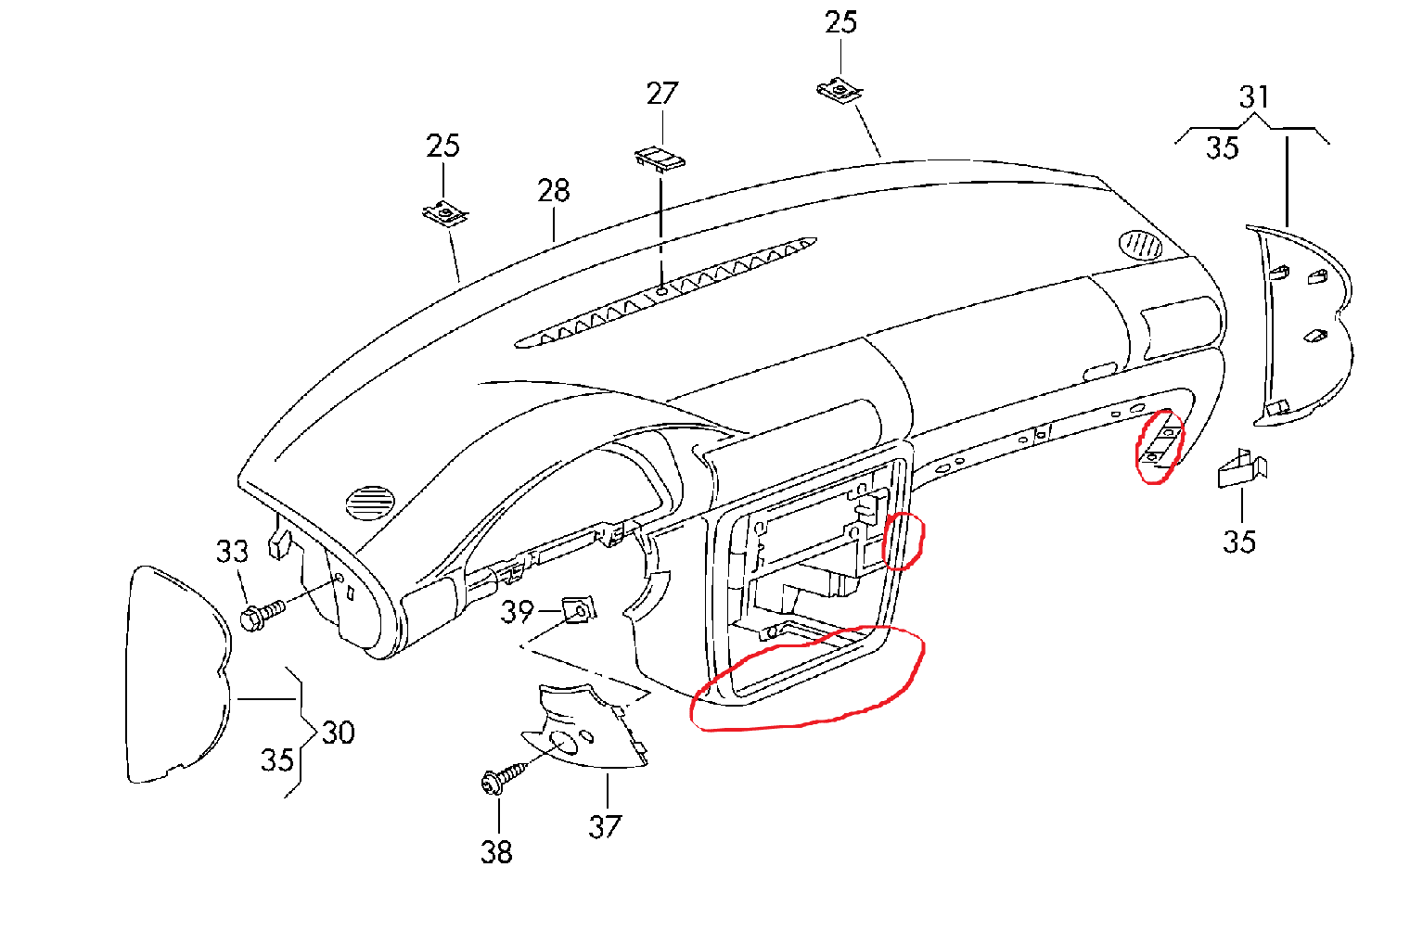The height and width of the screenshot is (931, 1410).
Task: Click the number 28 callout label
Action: point(553,191)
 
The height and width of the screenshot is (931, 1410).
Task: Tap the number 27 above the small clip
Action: point(662,94)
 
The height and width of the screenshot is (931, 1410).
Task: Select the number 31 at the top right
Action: point(1254,96)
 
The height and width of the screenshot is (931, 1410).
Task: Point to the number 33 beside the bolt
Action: point(232,551)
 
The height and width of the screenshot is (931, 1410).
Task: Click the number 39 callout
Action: point(518,612)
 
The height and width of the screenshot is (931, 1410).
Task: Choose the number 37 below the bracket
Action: point(605,826)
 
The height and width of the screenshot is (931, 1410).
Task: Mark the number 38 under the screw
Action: point(496,851)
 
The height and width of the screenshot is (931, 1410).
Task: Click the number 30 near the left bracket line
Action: point(338,733)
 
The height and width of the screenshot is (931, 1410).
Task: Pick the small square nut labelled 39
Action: point(579,611)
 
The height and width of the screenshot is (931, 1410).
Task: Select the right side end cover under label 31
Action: point(1299,329)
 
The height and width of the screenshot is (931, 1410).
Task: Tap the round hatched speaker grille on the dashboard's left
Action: point(370,503)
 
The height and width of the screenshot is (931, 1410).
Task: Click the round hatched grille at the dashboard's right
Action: point(1140,245)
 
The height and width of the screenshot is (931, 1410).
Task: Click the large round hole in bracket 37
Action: point(562,742)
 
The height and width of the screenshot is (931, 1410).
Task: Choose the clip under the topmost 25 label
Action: point(840,91)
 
